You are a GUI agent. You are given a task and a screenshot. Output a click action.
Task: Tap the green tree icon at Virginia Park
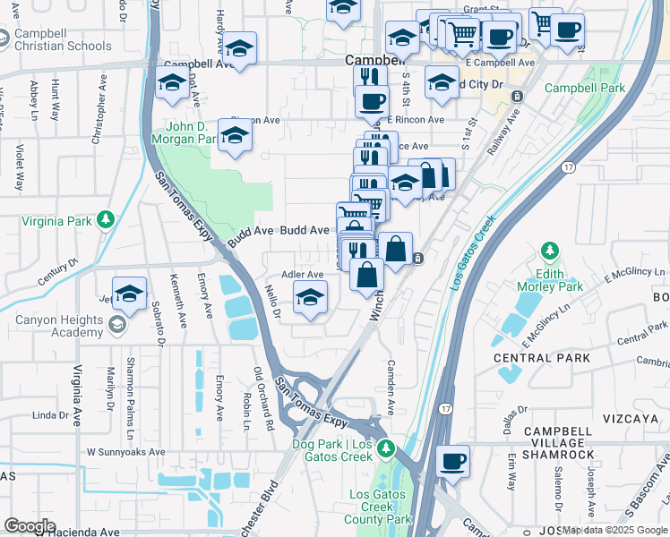107,218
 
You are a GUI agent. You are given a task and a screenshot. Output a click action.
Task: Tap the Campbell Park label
584,89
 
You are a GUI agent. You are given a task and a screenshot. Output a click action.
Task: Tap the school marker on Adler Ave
311,298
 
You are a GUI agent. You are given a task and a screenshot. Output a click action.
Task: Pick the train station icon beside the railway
418,259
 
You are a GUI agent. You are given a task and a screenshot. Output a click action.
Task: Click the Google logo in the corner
29,526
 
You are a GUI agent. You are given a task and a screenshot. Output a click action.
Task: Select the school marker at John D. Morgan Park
236,136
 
